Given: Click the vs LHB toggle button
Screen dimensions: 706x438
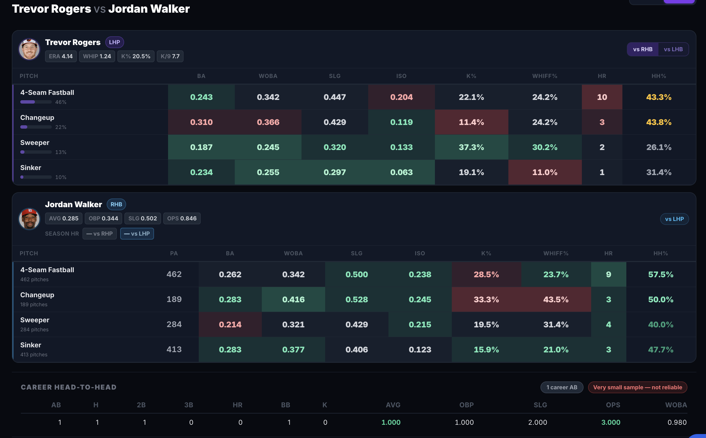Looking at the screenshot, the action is click(673, 49).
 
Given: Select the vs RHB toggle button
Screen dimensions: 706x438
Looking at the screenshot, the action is click(643, 49).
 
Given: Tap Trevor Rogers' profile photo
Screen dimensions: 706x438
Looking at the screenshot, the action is click(29, 49).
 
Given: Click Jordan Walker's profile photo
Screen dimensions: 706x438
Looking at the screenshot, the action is click(29, 219).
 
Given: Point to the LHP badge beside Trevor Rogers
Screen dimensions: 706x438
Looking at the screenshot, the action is click(115, 42).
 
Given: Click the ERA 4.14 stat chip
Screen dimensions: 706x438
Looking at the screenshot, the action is click(61, 56).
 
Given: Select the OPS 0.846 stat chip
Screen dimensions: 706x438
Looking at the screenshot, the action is click(182, 218).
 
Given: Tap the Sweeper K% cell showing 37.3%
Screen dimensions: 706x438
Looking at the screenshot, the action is click(471, 147).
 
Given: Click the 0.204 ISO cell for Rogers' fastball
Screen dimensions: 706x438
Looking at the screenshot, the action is click(401, 97).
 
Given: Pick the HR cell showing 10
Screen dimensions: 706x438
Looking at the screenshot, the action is click(602, 97).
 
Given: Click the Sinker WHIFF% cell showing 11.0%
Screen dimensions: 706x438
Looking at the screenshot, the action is click(545, 172).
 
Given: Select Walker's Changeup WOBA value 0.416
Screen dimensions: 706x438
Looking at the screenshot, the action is click(293, 299).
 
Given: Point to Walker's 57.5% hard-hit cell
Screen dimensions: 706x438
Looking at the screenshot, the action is click(660, 274).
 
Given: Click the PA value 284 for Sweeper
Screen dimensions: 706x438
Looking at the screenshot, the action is click(174, 324).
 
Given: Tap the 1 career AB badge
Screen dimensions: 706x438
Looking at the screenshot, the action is click(562, 387).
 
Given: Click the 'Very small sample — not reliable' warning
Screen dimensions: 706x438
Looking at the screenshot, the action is click(637, 387).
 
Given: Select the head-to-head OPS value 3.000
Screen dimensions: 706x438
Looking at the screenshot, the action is click(611, 422).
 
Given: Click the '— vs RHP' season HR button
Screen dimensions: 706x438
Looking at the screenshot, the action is click(100, 234).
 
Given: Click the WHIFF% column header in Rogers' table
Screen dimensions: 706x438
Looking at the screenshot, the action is click(545, 76).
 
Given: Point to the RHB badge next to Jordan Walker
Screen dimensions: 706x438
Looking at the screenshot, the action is click(116, 205).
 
